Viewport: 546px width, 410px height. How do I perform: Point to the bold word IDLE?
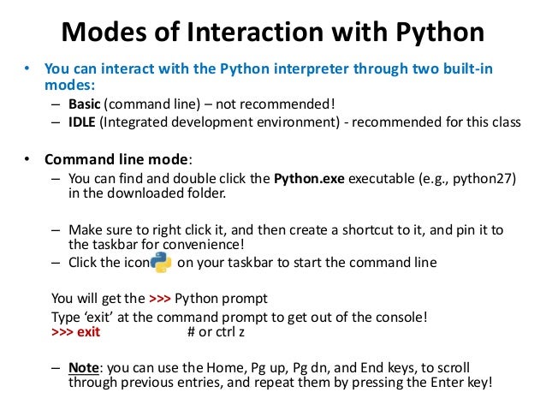pyautogui.click(x=82, y=122)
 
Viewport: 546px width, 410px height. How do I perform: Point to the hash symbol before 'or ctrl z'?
pyautogui.click(x=191, y=332)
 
